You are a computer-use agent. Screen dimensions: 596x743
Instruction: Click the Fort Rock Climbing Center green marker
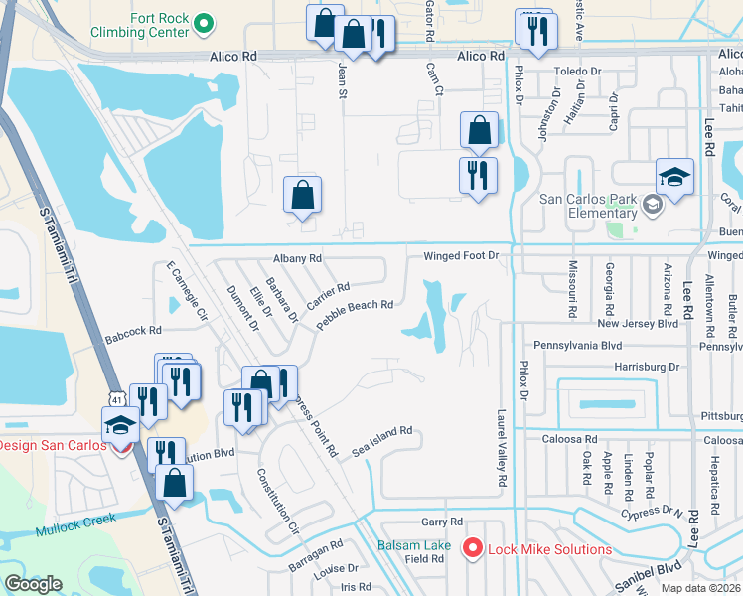[x=204, y=22]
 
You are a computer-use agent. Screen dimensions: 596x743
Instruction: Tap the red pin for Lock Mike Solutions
[x=472, y=548]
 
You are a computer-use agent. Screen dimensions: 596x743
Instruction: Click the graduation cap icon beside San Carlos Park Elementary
[x=674, y=177]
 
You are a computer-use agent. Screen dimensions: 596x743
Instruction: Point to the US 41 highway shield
[x=116, y=397]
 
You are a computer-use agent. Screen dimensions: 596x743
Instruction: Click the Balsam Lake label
[x=414, y=545]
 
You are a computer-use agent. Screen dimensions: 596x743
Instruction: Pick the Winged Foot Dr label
[x=460, y=256]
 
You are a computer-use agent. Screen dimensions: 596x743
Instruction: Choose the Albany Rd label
[x=298, y=258]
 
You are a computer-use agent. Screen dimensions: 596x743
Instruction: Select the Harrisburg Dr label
[x=647, y=367]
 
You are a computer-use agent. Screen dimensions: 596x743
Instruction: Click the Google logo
[x=33, y=584]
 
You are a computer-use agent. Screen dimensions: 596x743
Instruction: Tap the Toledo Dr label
[x=579, y=72]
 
